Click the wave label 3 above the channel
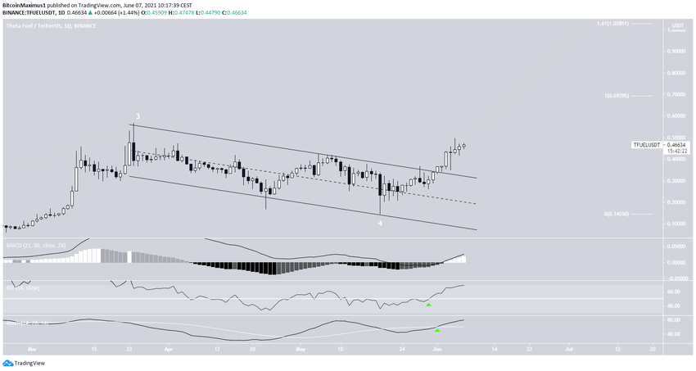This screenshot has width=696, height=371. pos(138,116)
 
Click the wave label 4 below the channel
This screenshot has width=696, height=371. pos(379,223)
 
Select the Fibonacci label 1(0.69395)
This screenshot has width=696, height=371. pos(617,96)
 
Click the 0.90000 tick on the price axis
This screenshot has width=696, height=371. pos(676,51)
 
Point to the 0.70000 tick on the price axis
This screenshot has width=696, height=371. pos(676,94)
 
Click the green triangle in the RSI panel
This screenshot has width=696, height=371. pos(428,305)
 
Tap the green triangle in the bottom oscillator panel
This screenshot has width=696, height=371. pos(437,330)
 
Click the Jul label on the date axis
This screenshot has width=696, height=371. pos(567,348)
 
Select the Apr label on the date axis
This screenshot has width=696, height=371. pos(169,348)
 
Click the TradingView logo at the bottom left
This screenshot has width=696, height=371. pos(25,363)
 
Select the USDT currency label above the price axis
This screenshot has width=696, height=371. pos(677,26)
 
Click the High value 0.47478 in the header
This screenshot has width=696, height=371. pos(169,13)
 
